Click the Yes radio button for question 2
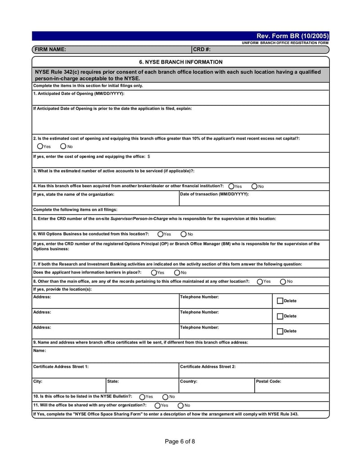[40, 146]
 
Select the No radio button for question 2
[63, 146]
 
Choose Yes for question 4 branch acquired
[231, 186]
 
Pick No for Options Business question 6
[184, 234]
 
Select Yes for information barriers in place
[154, 272]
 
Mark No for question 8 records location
[283, 281]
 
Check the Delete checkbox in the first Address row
[280, 301]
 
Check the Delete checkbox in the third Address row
[280, 331]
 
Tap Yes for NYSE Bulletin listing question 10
[142, 397]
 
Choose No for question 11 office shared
[180, 405]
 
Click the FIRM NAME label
[50, 50]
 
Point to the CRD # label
[202, 50]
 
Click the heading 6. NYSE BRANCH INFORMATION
[180, 62]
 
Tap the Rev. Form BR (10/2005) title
[292, 36]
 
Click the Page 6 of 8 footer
[180, 441]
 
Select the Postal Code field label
[269, 381]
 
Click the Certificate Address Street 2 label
[207, 366]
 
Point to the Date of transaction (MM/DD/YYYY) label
[214, 194]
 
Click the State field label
[113, 381]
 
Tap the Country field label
[189, 381]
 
